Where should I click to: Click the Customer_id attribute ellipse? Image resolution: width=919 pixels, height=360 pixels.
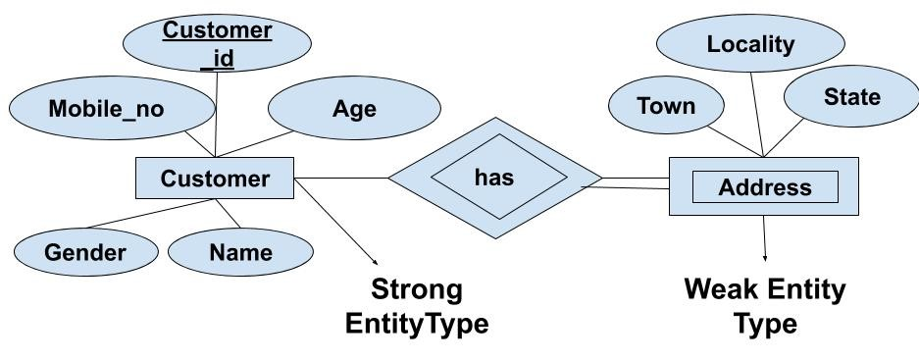pyautogui.click(x=217, y=44)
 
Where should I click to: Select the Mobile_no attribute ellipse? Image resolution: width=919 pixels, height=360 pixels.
pyautogui.click(x=106, y=109)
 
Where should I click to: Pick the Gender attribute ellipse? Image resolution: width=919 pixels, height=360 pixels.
pyautogui.click(x=85, y=252)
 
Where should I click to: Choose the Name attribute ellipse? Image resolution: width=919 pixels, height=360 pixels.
pyautogui.click(x=240, y=252)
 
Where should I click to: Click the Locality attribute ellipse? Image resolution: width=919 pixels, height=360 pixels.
pyautogui.click(x=750, y=44)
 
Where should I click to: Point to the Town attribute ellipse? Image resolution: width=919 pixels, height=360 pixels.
pyautogui.click(x=666, y=106)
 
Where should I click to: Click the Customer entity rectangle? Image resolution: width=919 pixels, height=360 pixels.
pyautogui.click(x=215, y=179)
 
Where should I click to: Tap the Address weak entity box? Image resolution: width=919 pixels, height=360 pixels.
pyautogui.click(x=764, y=186)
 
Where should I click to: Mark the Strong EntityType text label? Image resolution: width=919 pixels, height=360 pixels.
pyautogui.click(x=416, y=306)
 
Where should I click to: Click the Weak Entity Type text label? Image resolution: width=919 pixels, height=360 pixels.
pyautogui.click(x=764, y=306)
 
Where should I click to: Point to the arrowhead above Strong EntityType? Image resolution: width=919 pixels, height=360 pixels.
pyautogui.click(x=376, y=260)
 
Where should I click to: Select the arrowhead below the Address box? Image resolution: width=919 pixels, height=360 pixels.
pyautogui.click(x=764, y=256)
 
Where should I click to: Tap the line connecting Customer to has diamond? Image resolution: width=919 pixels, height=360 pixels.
pyautogui.click(x=343, y=179)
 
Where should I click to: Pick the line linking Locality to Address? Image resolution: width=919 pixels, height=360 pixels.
pyautogui.click(x=756, y=113)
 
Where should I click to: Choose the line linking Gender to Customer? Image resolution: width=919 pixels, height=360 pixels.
pyautogui.click(x=147, y=214)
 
